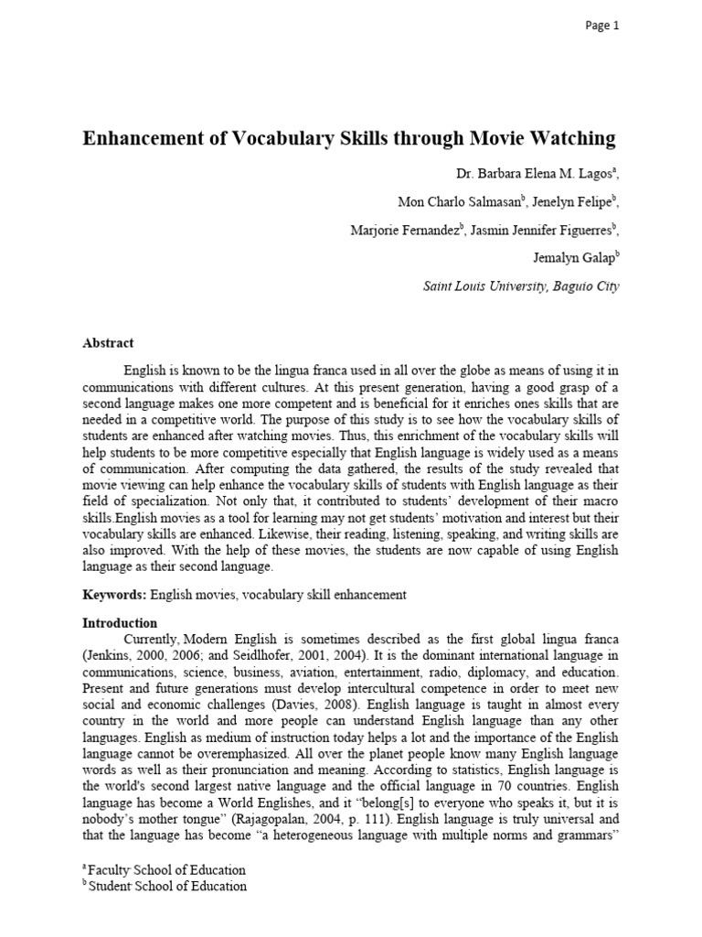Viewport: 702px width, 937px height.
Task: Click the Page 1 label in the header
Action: coord(602,26)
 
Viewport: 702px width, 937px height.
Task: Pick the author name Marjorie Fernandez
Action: coord(404,230)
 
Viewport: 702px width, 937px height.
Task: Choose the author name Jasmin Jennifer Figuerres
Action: coord(544,230)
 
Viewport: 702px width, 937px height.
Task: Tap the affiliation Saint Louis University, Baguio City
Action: coord(521,286)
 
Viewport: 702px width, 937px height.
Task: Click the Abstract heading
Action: coord(108,343)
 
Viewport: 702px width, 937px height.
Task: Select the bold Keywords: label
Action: coord(114,595)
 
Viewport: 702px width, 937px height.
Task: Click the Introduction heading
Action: coord(120,622)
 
